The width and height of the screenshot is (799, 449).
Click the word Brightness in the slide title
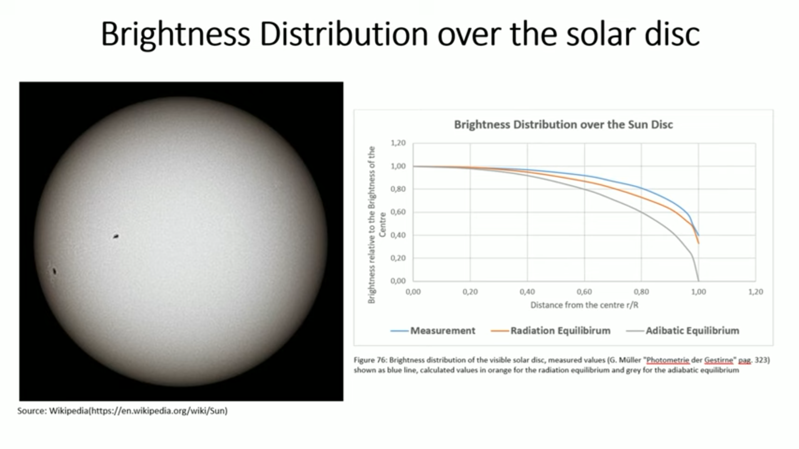pyautogui.click(x=175, y=34)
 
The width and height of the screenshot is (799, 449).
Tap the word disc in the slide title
pyautogui.click(x=672, y=34)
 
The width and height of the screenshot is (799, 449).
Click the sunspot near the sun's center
pyautogui.click(x=116, y=237)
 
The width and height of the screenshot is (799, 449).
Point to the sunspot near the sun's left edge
pyautogui.click(x=54, y=271)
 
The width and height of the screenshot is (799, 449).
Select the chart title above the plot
pyautogui.click(x=563, y=125)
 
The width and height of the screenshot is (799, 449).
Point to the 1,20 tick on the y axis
pyautogui.click(x=398, y=143)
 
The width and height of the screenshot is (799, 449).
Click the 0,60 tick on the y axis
pyautogui.click(x=398, y=212)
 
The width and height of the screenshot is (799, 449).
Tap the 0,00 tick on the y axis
pyautogui.click(x=398, y=281)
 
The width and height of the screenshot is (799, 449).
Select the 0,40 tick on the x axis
pyautogui.click(x=527, y=292)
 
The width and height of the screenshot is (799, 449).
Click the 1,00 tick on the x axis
pyautogui.click(x=698, y=292)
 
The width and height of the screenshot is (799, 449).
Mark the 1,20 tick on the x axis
pyautogui.click(x=755, y=292)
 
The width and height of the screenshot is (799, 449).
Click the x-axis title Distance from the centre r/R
pyautogui.click(x=584, y=305)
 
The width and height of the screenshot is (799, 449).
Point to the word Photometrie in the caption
pyautogui.click(x=668, y=360)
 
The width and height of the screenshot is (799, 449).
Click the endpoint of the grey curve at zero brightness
pyautogui.click(x=698, y=281)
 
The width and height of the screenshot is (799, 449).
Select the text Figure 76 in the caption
pyautogui.click(x=370, y=360)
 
